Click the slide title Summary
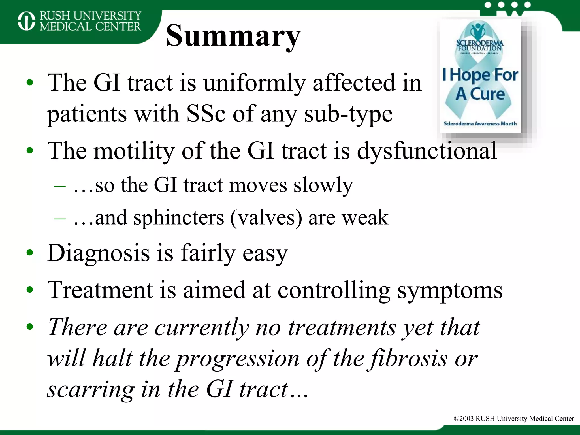[x=233, y=36]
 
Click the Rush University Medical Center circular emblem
[x=26, y=21]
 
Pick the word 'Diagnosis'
[x=99, y=253]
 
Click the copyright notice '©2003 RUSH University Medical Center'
[x=514, y=418]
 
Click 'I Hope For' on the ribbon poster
[x=480, y=75]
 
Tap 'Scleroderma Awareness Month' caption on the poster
[x=480, y=123]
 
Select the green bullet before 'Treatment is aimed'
[x=30, y=290]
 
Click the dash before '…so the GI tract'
[x=60, y=186]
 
